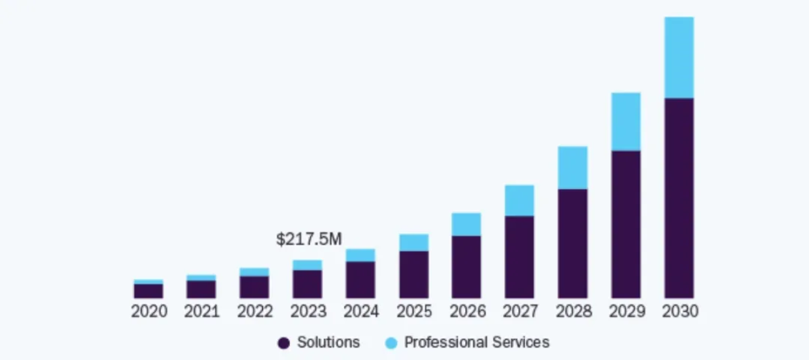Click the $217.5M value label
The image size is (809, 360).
pos(309,239)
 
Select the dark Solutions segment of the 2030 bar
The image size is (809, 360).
pos(679,198)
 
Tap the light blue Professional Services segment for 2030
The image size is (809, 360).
pos(679,57)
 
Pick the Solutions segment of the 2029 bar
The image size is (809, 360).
pos(626,224)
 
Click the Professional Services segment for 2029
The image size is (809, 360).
pos(626,121)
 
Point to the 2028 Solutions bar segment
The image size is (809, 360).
pos(573,244)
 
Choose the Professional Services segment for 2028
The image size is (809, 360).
pos(573,168)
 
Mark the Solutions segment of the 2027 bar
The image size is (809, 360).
pos(520,257)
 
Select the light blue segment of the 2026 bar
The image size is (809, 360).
pos(467,224)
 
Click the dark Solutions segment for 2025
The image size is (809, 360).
pos(414,275)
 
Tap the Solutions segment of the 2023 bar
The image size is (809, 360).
pos(308,284)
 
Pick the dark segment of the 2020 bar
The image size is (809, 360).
pos(148,291)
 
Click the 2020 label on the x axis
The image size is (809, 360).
pos(148,312)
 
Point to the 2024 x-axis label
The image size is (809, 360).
pos(361,312)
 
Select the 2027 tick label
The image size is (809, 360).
pos(520,312)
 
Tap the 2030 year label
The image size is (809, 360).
pos(679,312)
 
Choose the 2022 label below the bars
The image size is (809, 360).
pos(254,312)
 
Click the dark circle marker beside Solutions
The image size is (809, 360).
pos(283,343)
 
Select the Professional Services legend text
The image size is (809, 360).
pos(477,342)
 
